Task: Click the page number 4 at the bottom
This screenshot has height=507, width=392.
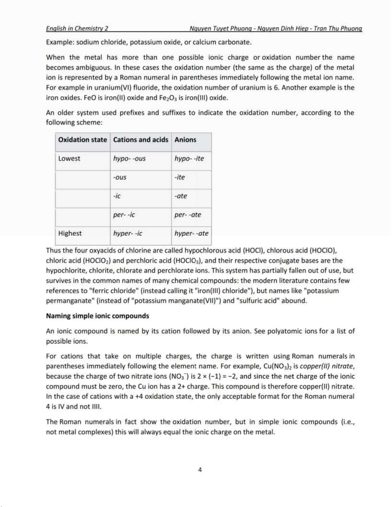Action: point(200,470)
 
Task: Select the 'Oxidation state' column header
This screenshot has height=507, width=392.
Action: point(83,140)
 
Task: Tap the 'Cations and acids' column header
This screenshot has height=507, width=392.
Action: point(140,140)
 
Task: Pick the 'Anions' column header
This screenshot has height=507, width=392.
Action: point(185,140)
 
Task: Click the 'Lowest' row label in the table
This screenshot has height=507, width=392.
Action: point(69,159)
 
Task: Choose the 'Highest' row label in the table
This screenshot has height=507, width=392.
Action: point(70,234)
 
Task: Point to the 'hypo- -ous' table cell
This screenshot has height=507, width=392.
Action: point(129,159)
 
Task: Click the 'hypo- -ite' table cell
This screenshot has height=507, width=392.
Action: point(189,159)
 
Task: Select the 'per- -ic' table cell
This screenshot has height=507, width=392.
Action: point(124,215)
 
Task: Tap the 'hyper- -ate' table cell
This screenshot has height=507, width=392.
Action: point(191,234)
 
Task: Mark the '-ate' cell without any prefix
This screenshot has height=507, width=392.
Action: point(180,196)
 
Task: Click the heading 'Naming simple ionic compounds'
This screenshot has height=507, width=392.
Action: point(98,316)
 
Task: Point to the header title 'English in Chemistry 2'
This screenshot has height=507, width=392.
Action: point(77,28)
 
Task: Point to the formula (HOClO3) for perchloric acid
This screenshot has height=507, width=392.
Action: point(187,261)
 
